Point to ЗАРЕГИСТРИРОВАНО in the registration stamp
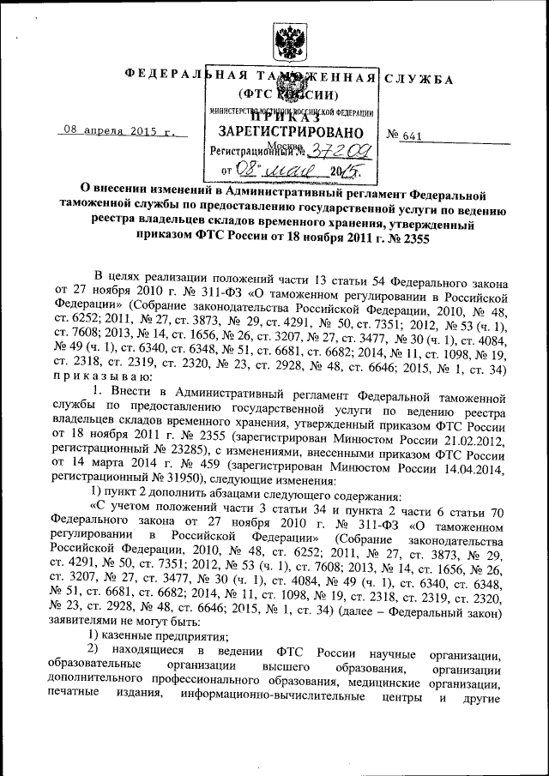point(285,132)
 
